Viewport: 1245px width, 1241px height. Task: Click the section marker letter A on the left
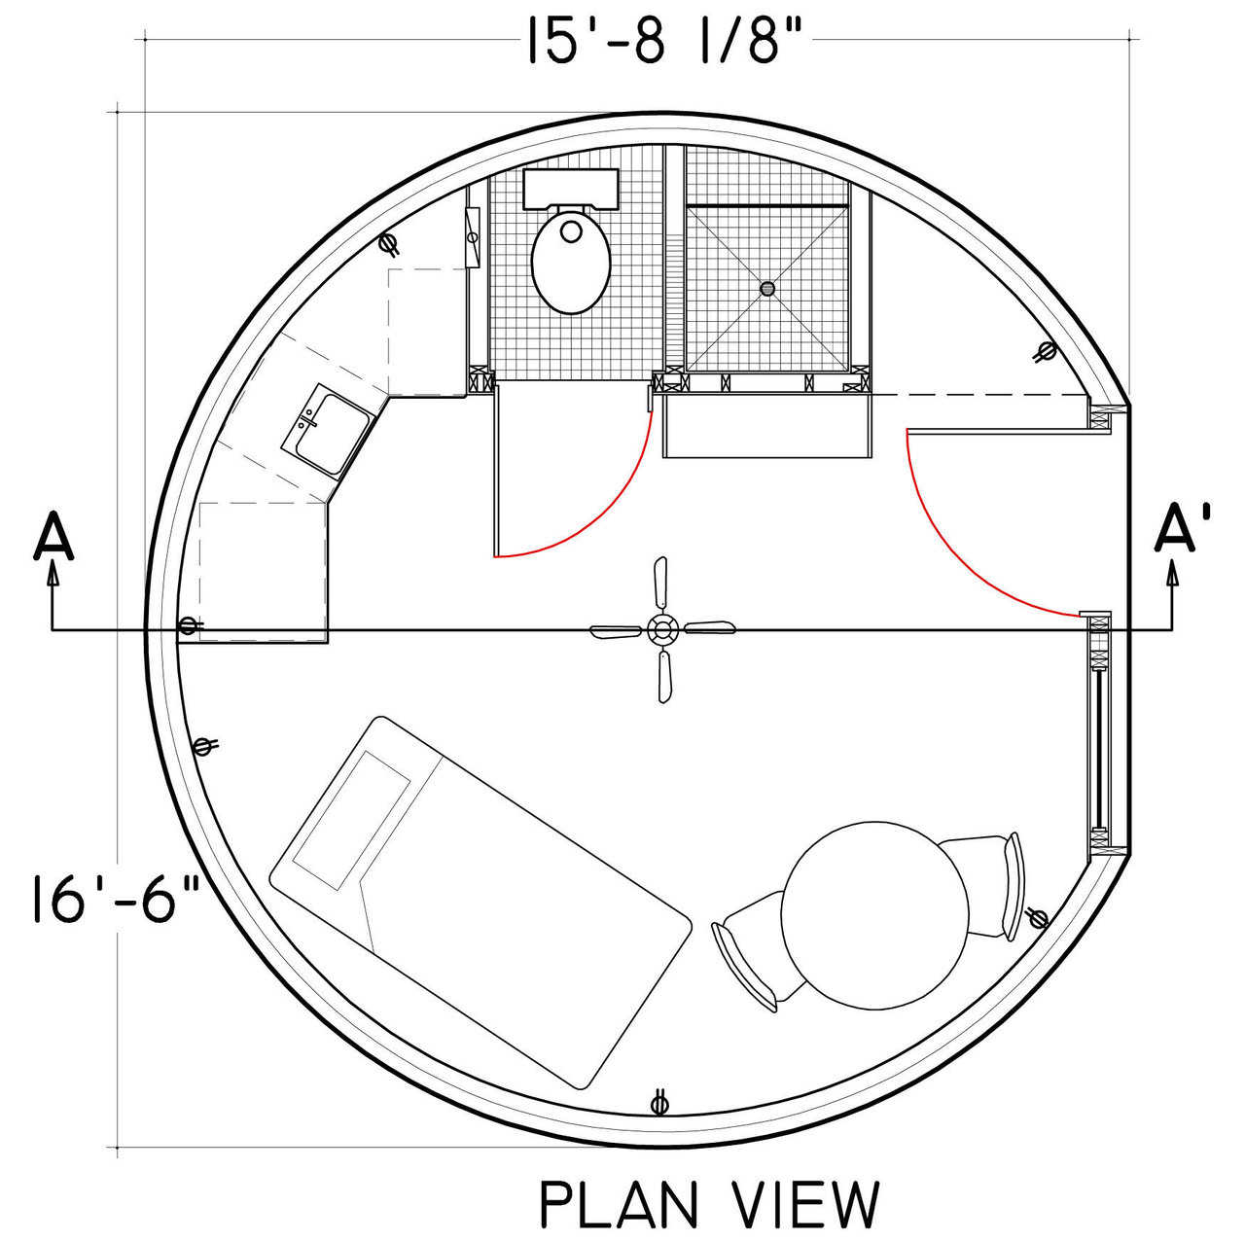[x=53, y=535]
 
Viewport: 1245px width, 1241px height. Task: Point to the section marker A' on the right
[x=1182, y=529]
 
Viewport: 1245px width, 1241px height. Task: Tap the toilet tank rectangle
[x=571, y=188]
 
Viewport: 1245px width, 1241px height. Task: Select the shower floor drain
[x=767, y=288]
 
